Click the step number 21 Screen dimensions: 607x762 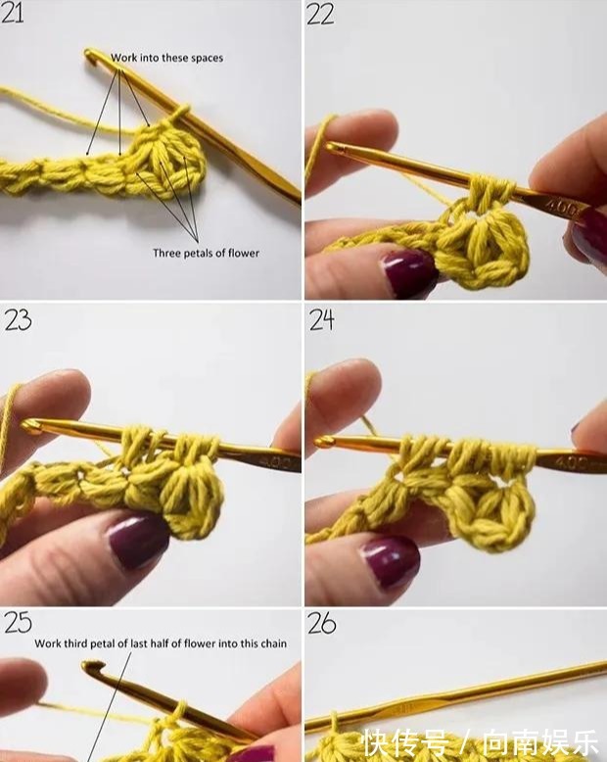pos(12,12)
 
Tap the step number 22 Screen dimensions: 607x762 pos(320,14)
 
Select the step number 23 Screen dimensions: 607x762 pos(19,319)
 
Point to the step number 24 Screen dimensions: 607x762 pos(322,320)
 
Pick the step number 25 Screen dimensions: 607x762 pos(19,623)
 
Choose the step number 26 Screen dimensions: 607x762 pos(322,623)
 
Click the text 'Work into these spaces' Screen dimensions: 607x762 pos(167,58)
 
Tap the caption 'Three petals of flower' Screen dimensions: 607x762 pos(206,253)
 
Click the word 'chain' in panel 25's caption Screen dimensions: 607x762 pos(274,643)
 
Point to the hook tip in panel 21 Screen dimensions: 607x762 pos(89,54)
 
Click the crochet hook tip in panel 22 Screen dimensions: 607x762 pos(331,146)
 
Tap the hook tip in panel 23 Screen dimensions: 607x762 pos(28,425)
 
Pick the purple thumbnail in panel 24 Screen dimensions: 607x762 pos(390,562)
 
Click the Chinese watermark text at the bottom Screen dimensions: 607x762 pos(482,743)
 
